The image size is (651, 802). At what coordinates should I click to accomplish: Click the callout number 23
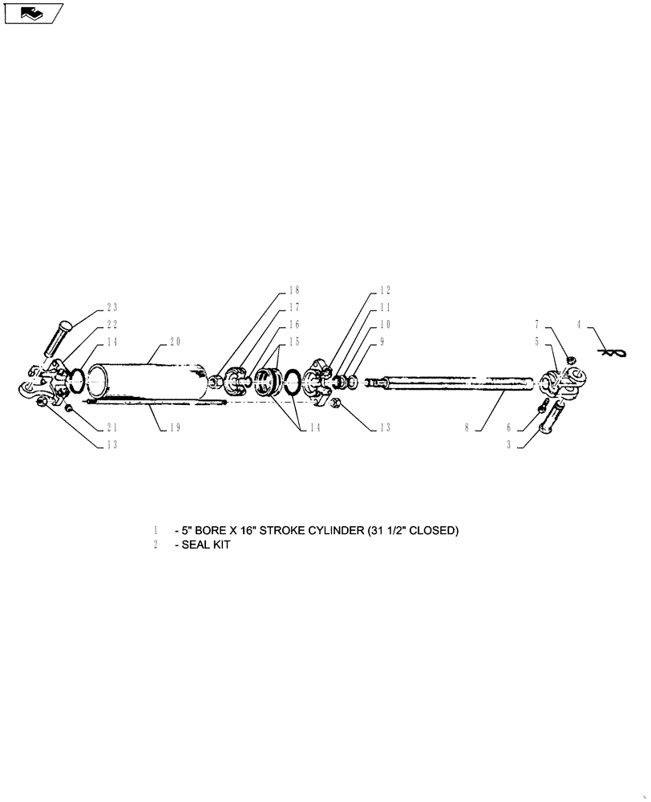pos(111,307)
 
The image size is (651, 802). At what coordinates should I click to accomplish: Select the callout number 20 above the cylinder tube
pos(176,341)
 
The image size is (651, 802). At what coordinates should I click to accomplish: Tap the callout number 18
pos(294,290)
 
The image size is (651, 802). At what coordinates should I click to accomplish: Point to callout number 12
pos(385,290)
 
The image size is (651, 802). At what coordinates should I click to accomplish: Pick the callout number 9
pos(382,342)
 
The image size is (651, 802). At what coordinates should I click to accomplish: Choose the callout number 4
pos(579,324)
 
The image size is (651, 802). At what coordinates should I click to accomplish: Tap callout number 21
pos(111,428)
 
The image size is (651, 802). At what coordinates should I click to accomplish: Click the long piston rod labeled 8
pos(449,383)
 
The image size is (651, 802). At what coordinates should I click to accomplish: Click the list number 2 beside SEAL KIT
pos(155,544)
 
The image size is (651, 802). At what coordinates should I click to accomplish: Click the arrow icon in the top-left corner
pos(33,13)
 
